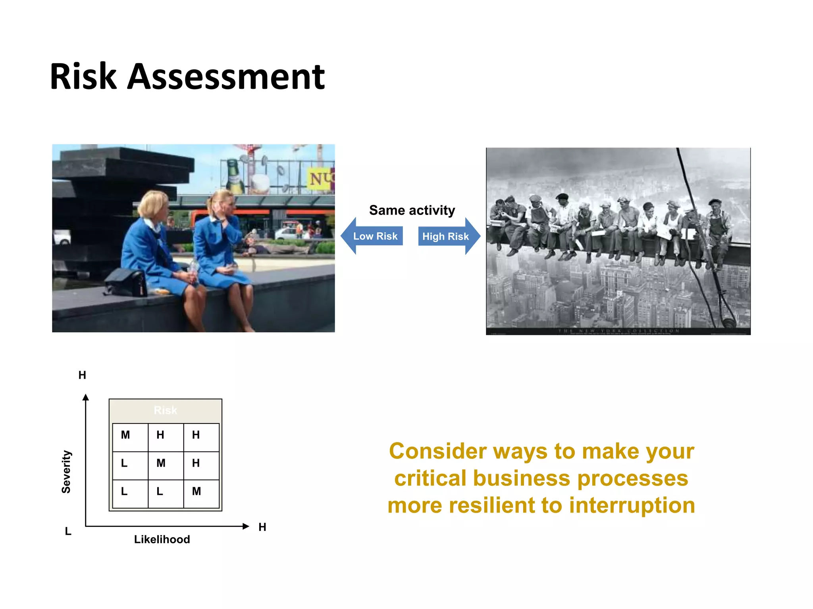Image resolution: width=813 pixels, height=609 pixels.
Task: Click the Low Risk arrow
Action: coord(372,236)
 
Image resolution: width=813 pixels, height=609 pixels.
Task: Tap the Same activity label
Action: coord(412,210)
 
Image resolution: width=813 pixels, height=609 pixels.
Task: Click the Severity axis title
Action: coord(66,471)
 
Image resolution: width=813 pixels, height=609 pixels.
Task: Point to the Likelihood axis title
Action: coord(162,539)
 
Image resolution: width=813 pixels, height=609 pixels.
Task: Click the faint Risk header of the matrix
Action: coord(165,410)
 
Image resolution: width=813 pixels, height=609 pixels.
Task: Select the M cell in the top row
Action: coord(125,435)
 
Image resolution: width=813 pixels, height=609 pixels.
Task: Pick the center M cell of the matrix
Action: coord(161,463)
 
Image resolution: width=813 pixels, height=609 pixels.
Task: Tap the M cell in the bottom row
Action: coord(197,491)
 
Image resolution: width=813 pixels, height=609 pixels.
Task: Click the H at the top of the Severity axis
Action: coord(82,375)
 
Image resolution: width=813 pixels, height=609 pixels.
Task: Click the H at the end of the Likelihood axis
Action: coord(262,527)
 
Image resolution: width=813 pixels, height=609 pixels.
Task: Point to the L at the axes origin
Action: coord(68,531)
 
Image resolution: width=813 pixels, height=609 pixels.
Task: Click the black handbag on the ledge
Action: coord(126,282)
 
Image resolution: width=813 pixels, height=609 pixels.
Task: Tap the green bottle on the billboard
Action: coord(235,176)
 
